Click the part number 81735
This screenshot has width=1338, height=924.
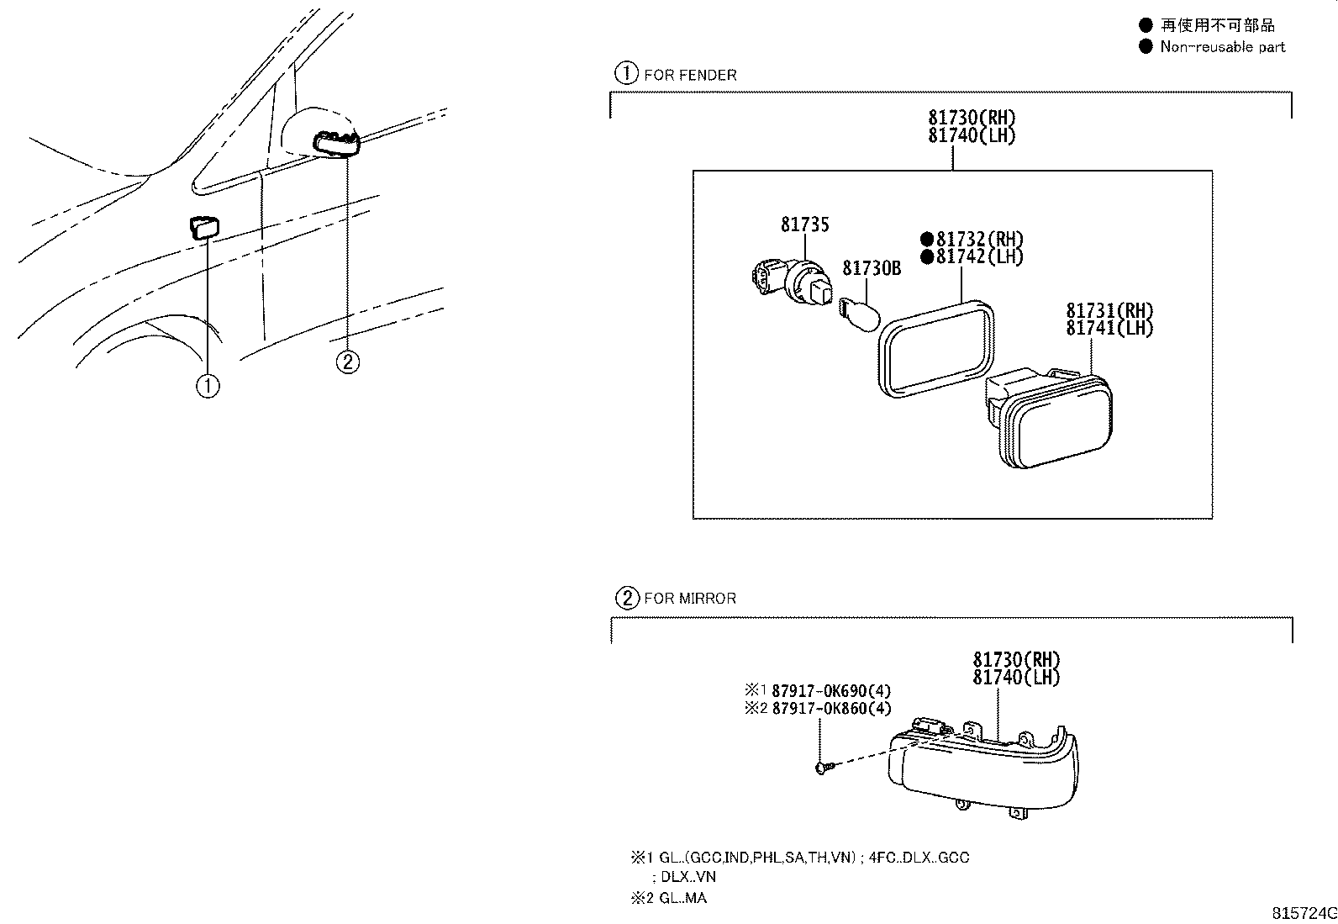(804, 224)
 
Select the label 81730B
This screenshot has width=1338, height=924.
(872, 268)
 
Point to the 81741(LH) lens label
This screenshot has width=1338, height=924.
(1109, 328)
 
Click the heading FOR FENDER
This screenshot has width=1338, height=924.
(690, 76)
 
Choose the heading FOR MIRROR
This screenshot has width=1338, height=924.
(690, 599)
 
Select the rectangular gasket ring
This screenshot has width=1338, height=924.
(936, 348)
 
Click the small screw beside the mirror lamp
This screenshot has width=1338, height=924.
(822, 768)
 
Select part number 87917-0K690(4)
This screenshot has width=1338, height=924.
(831, 691)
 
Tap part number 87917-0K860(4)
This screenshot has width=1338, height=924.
(831, 708)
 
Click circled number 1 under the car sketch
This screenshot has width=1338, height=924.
(208, 386)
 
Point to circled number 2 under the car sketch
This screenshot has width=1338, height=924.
(348, 362)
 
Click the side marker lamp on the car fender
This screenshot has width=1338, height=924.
(204, 227)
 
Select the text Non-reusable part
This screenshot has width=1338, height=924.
(1223, 46)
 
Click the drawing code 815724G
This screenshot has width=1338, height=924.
(1304, 913)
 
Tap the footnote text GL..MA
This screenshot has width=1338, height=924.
(682, 898)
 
